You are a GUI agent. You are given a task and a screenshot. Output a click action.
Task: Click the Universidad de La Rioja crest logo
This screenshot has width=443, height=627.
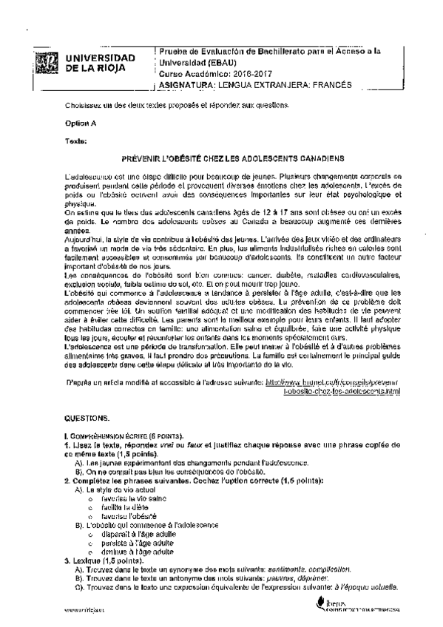pos(46,62)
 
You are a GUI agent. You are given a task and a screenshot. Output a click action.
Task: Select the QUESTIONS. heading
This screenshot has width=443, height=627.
pos(87,418)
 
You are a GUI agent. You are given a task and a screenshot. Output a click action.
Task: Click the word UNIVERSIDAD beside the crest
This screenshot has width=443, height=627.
pos(101,58)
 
